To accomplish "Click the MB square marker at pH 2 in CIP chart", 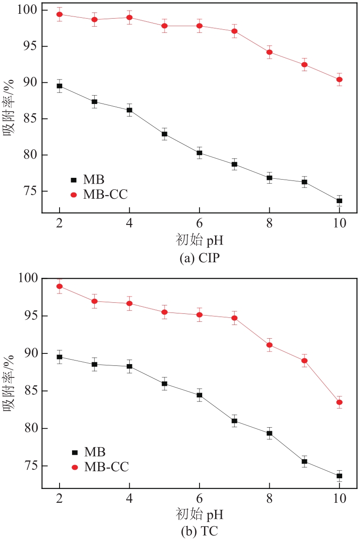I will point(60,86).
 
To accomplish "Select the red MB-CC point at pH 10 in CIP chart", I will point(339,80).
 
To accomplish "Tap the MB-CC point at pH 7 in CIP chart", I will point(234,31).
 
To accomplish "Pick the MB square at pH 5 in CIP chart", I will point(164,134).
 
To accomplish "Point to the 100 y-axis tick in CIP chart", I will point(28,10).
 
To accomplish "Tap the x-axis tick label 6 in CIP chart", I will point(200,223).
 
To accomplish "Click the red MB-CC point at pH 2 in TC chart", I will point(60,286).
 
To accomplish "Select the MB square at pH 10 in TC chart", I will point(339,476).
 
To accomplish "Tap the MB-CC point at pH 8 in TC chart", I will point(269,345).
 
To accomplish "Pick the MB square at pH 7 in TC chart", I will point(234,421).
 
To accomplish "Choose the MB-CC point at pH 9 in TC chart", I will point(304,361).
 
